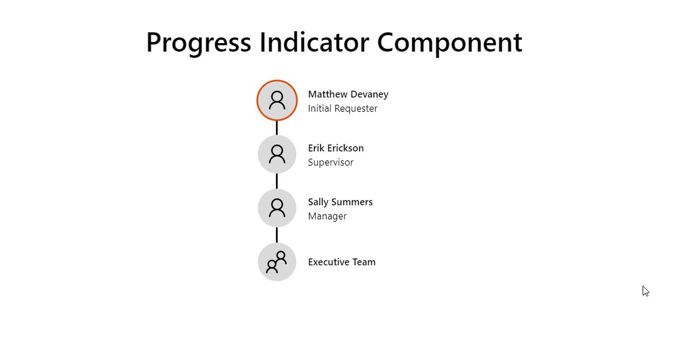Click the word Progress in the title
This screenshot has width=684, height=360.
(199, 43)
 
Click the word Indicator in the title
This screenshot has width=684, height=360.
(314, 42)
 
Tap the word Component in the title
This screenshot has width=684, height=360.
(450, 43)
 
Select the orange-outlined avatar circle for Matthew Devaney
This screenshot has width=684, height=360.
(277, 101)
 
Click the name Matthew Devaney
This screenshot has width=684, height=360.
(348, 94)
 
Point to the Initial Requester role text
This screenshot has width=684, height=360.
(343, 108)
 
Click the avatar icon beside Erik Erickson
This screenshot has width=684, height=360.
(277, 154)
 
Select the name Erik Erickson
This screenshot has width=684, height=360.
(336, 148)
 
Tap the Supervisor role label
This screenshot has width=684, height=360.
(331, 162)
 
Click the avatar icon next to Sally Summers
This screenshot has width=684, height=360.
(277, 208)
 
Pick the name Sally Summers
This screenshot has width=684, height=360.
(340, 202)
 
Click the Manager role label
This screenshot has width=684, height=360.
(328, 216)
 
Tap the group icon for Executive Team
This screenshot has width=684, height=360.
(277, 262)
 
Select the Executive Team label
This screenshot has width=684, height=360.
(342, 262)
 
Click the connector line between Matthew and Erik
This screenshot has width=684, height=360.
(277, 128)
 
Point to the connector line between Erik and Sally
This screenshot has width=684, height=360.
(277, 181)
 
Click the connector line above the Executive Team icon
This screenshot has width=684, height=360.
(277, 235)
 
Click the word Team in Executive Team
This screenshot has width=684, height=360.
(364, 262)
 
